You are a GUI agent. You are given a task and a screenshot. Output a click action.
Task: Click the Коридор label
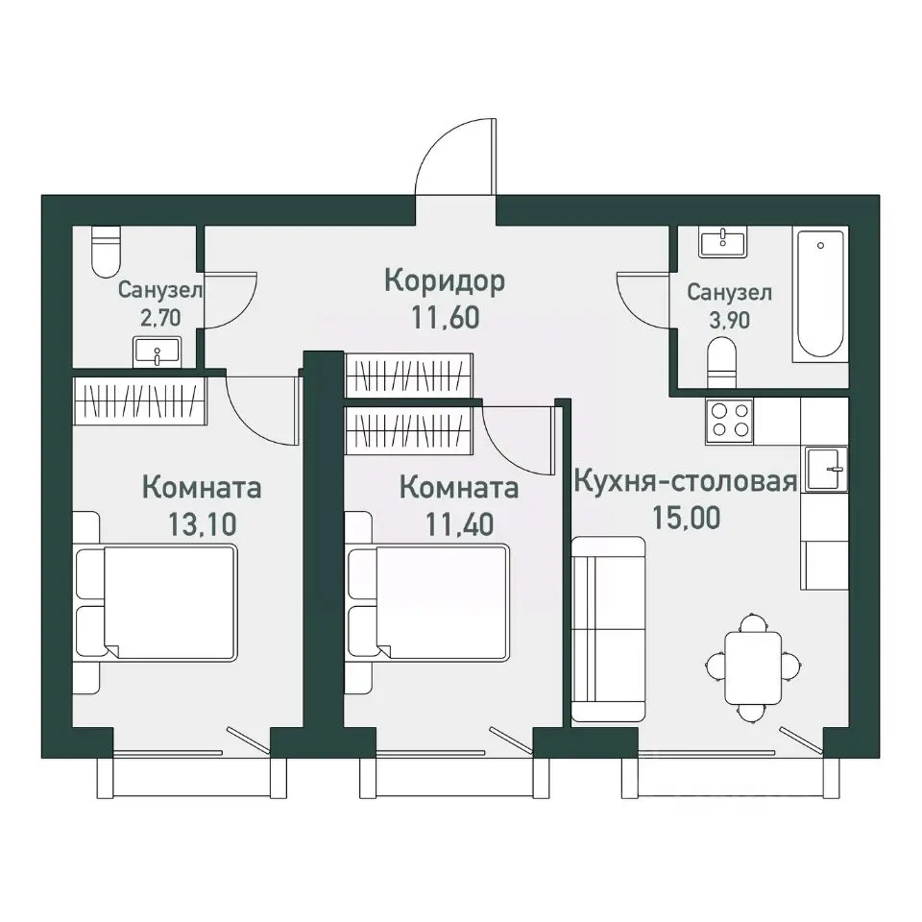pyautogui.click(x=445, y=281)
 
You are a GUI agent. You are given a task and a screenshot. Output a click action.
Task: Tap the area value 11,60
pyautogui.click(x=445, y=318)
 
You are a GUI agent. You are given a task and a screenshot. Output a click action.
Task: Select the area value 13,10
pyautogui.click(x=203, y=524)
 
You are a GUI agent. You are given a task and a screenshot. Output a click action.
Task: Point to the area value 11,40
pyautogui.click(x=459, y=524)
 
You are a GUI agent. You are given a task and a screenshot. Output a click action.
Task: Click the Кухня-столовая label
pyautogui.click(x=686, y=481)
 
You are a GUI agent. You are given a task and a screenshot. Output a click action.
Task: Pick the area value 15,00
pyautogui.click(x=686, y=518)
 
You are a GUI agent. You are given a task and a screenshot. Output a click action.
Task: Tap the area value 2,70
pyautogui.click(x=160, y=318)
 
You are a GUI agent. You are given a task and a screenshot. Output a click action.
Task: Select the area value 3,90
pyautogui.click(x=729, y=321)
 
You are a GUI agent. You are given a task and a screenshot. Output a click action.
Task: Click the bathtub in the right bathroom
pyautogui.click(x=820, y=295)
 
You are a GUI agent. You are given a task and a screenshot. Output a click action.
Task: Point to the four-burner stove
pyautogui.click(x=730, y=420)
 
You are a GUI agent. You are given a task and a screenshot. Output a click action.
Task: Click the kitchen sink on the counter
pyautogui.click(x=826, y=469)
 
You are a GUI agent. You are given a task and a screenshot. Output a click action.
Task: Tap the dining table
pyautogui.click(x=753, y=667)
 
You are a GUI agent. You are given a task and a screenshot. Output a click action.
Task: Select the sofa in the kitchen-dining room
pyautogui.click(x=609, y=628)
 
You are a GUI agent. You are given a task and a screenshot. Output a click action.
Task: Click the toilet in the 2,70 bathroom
pyautogui.click(x=107, y=253)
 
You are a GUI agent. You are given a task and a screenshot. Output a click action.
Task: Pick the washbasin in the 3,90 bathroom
pyautogui.click(x=722, y=242)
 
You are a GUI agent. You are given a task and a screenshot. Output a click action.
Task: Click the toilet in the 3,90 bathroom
pyautogui.click(x=722, y=363)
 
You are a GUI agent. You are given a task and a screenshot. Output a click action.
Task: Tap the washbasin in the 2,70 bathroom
pyautogui.click(x=157, y=352)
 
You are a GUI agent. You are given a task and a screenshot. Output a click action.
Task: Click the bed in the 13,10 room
pyautogui.click(x=157, y=602)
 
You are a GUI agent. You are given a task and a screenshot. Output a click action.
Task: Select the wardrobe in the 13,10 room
pyautogui.click(x=140, y=400)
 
